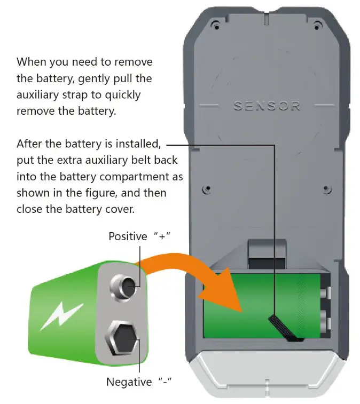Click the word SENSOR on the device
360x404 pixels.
267,105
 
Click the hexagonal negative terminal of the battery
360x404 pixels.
124,338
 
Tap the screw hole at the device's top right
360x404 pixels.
318,25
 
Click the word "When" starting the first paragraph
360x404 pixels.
30,62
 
